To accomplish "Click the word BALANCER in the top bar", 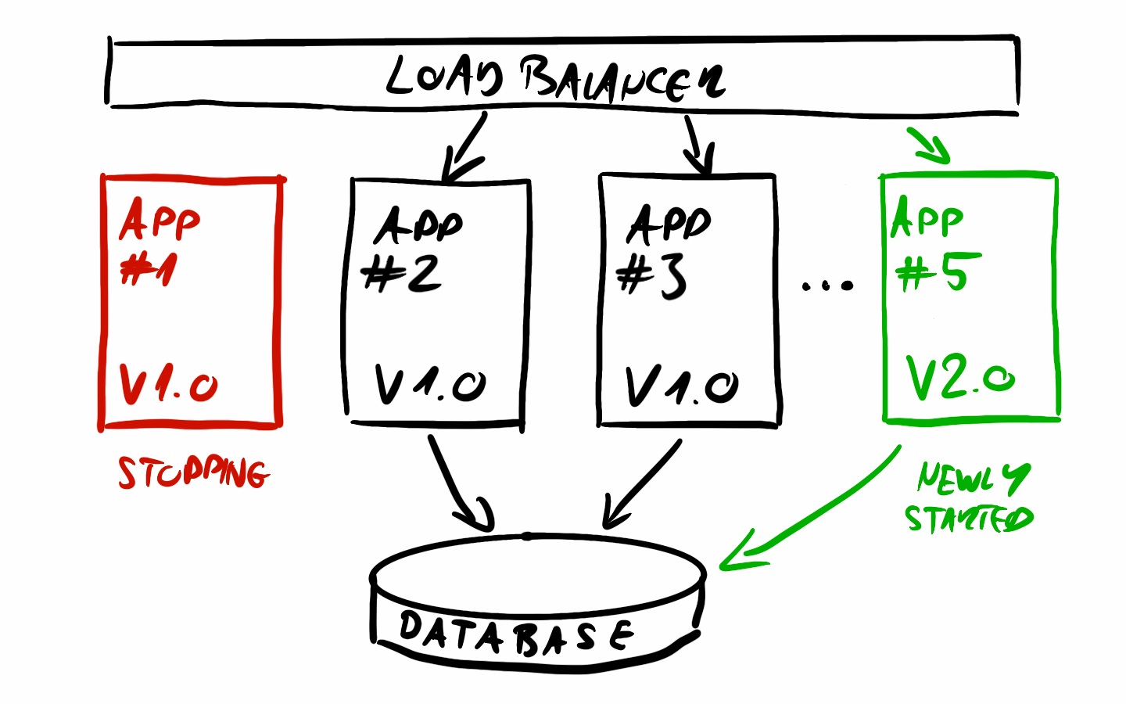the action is [x=623, y=81].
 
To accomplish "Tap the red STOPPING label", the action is [x=194, y=472].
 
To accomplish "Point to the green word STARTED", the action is [x=969, y=518].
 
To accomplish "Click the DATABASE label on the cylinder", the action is [x=517, y=633].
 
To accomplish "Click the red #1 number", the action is [x=149, y=270].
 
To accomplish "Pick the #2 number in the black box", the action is [x=401, y=274].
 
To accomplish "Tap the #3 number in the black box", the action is [x=651, y=278].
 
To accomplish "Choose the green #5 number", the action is [x=938, y=271].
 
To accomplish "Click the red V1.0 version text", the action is [x=168, y=384].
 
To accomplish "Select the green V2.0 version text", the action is [x=960, y=377].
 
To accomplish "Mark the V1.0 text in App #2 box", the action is [x=430, y=384].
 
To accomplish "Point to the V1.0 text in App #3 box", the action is [x=682, y=385].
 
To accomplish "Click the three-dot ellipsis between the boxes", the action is [x=827, y=286].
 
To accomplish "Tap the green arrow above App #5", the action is [x=930, y=145].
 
